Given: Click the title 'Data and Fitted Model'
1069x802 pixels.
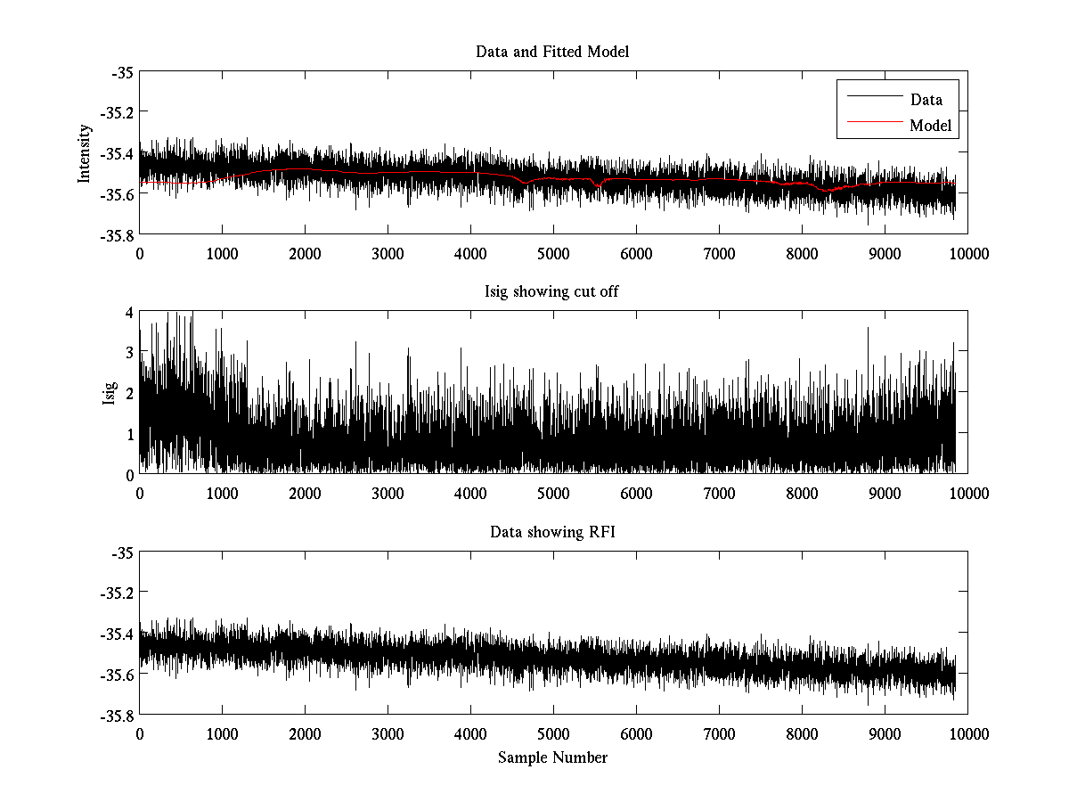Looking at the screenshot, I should (x=552, y=52).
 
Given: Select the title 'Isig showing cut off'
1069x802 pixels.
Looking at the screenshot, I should (x=552, y=292).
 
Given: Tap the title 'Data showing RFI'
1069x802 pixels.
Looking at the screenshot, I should (x=552, y=533).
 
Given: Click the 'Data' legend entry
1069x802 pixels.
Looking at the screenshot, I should (x=926, y=100).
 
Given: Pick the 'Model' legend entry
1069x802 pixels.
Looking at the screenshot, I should (x=930, y=126).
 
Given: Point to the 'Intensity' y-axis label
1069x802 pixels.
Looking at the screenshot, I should (x=85, y=152).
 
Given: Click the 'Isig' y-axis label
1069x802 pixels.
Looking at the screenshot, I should (x=109, y=393).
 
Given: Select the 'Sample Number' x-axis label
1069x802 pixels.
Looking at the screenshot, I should (x=552, y=757).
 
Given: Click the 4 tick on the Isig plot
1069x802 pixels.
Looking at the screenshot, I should (x=129, y=312).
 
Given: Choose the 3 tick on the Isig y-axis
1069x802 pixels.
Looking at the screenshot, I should (x=129, y=353).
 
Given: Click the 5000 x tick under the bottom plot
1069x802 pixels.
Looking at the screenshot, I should (x=553, y=733).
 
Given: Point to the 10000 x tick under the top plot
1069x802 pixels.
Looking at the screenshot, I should (x=967, y=254).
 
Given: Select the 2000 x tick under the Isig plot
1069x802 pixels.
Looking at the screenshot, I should (x=305, y=494).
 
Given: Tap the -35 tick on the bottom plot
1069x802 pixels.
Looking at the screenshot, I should (x=121, y=553).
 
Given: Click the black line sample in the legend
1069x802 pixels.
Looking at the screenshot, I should (x=873, y=97).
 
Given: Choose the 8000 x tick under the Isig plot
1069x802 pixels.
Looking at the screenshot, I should (x=802, y=494).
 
